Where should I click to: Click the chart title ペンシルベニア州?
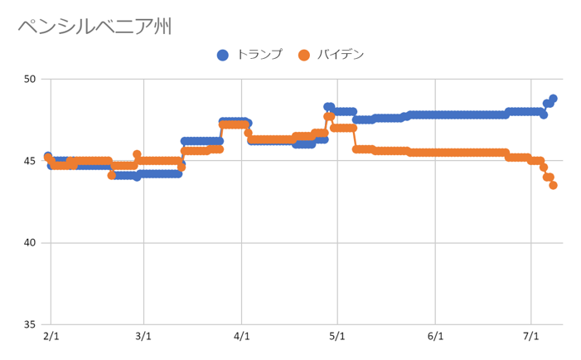(94, 27)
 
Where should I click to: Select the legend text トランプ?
(259, 55)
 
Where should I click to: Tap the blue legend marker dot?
(223, 56)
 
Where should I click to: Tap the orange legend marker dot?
(304, 56)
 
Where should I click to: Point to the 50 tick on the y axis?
(30, 80)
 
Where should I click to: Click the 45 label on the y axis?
(30, 161)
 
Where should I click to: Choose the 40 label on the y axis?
(30, 243)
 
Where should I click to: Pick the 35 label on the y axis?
(30, 324)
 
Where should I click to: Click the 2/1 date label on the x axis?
(51, 338)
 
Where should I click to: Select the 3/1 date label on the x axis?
(144, 338)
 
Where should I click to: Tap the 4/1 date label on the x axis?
(241, 338)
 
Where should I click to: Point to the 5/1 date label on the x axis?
(336, 338)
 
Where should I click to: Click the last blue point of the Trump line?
(553, 99)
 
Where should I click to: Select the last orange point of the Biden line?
(553, 185)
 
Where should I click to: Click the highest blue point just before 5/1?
(328, 107)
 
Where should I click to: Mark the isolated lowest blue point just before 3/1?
(137, 177)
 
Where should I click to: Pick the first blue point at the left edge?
(47, 156)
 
